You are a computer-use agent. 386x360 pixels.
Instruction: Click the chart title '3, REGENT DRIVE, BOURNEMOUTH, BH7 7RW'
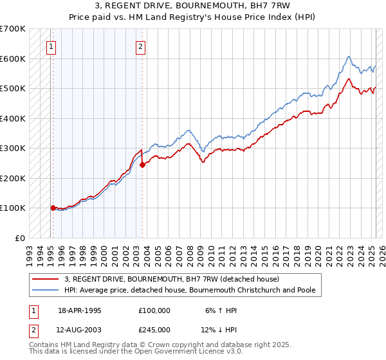pyautogui.click(x=193, y=6)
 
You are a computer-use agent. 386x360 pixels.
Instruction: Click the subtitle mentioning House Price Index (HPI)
pyautogui.click(x=193, y=17)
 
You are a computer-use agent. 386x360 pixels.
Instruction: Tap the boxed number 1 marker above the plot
pyautogui.click(x=50, y=46)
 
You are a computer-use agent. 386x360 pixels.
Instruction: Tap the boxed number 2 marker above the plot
pyautogui.click(x=140, y=46)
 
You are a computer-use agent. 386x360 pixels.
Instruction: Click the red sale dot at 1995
pyautogui.click(x=53, y=208)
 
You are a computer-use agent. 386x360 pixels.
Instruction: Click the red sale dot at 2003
pyautogui.click(x=143, y=165)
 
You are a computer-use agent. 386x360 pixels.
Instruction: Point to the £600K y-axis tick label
pyautogui.click(x=13, y=59)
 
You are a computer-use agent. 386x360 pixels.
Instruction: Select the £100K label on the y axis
pyautogui.click(x=13, y=208)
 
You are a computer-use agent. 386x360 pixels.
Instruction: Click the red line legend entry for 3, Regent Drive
pyautogui.click(x=171, y=279)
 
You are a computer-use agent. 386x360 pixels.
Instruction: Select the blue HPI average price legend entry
pyautogui.click(x=188, y=290)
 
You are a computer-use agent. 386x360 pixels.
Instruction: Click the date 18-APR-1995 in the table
pyautogui.click(x=80, y=310)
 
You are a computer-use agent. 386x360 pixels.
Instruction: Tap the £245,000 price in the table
pyautogui.click(x=154, y=329)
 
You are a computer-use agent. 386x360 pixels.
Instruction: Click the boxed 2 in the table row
pyautogui.click(x=33, y=329)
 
